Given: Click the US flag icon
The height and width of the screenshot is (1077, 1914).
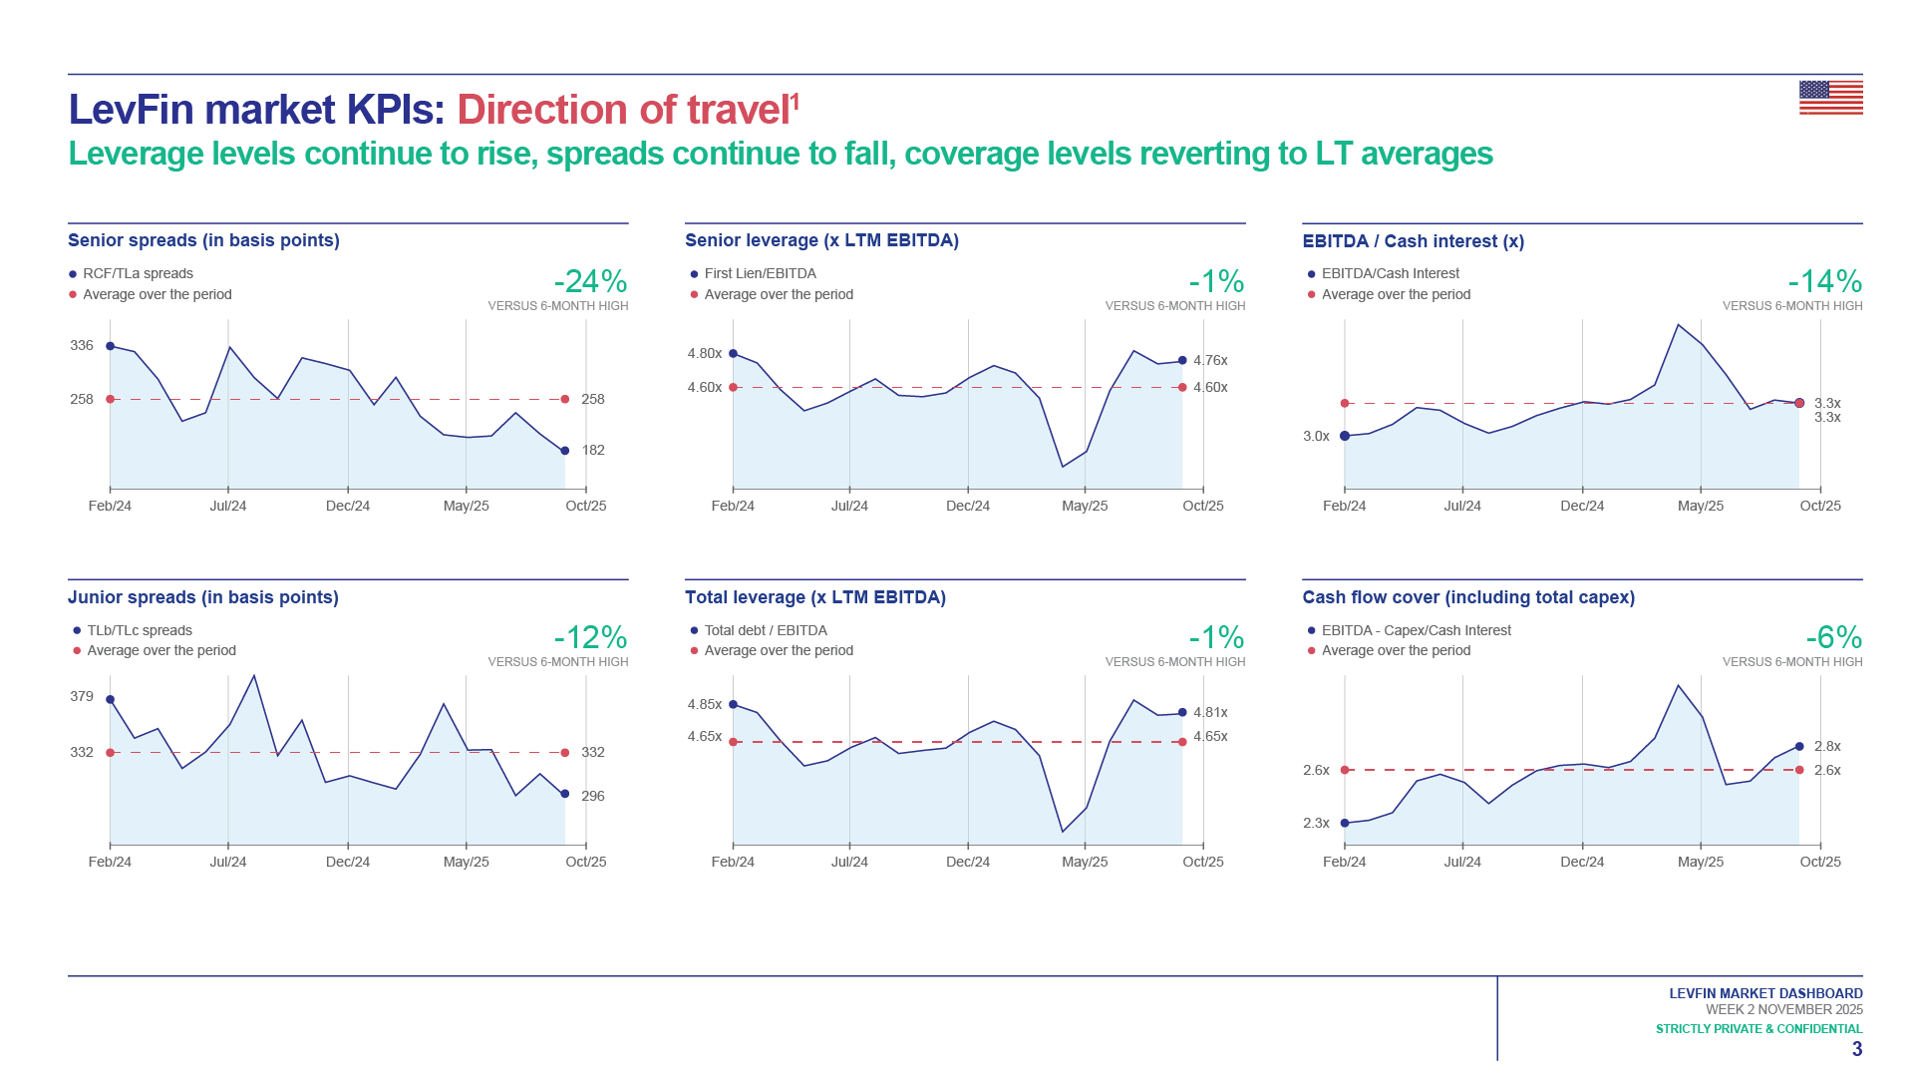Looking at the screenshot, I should click(1830, 98).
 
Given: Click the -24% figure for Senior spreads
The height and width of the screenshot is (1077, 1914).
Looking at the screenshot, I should click(590, 281).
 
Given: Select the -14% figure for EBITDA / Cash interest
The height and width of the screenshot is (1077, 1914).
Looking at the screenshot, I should click(1824, 281).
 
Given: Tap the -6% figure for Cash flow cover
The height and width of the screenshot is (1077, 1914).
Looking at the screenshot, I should click(1833, 637).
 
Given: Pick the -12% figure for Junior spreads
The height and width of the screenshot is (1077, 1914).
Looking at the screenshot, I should click(590, 637).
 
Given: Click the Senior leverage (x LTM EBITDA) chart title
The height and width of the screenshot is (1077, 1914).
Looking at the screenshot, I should click(821, 240).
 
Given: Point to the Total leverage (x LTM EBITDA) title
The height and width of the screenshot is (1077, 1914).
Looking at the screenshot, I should click(814, 597).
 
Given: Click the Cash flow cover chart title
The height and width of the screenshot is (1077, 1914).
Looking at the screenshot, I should click(1467, 597).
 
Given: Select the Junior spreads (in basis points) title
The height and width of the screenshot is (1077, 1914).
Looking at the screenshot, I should click(202, 597).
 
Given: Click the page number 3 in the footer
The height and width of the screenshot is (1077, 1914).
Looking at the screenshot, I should click(1856, 1048).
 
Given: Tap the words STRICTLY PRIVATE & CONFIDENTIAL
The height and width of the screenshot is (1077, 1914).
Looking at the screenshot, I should click(1758, 1028).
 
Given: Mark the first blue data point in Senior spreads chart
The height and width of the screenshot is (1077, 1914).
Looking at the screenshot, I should click(110, 346).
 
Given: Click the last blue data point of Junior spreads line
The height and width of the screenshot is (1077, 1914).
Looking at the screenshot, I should click(565, 794).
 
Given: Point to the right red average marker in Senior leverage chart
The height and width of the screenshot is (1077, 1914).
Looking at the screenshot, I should click(1183, 387).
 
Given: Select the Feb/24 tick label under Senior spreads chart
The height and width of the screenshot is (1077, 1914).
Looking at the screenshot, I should click(110, 506).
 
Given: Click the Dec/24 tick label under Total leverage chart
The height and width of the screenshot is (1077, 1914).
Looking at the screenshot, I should click(967, 862).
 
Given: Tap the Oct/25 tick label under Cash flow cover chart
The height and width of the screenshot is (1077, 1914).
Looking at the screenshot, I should click(1819, 862).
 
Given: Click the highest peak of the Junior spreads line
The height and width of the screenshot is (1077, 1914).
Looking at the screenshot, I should click(254, 676).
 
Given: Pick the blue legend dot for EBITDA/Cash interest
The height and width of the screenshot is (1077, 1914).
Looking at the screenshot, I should click(1312, 274).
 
